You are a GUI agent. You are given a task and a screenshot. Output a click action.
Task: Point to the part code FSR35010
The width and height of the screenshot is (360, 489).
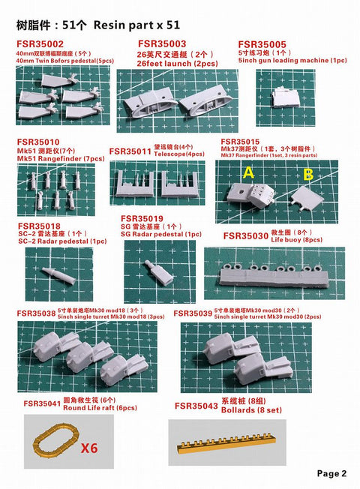tap(38, 142)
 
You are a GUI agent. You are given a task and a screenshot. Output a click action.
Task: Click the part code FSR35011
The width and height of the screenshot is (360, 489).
tap(130, 151)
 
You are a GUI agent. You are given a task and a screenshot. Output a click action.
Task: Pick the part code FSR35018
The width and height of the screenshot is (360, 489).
tap(38, 226)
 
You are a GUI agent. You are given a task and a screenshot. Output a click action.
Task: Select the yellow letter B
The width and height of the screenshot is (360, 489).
tap(307, 175)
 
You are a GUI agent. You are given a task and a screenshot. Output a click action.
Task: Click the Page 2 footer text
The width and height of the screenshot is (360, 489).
tap(331, 473)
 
